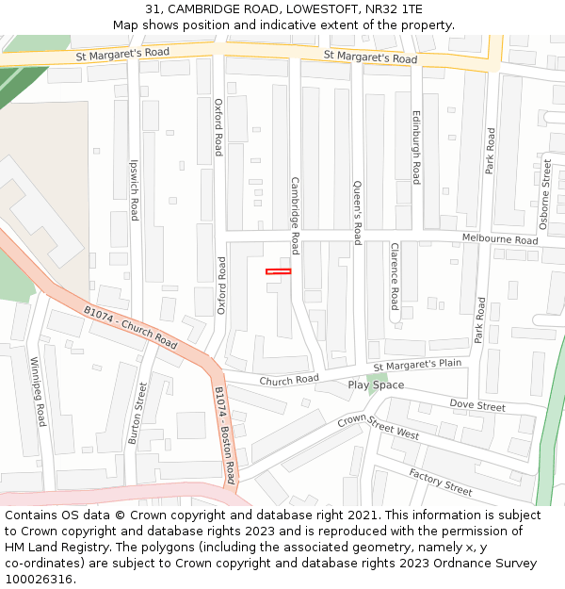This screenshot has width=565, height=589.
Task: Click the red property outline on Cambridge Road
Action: (278, 271)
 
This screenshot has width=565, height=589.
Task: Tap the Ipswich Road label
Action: (135, 189)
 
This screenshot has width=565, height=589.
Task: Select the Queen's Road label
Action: (358, 212)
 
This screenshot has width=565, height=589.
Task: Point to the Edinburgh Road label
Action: (416, 146)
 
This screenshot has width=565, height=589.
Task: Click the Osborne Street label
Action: (545, 194)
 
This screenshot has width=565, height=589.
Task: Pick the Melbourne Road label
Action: (499, 239)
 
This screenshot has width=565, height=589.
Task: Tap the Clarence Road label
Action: (395, 276)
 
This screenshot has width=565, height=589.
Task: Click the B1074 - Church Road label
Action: (130, 326)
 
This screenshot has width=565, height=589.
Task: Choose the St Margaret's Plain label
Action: (417, 366)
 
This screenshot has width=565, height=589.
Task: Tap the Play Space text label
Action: (376, 384)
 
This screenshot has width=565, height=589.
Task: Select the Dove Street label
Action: (477, 405)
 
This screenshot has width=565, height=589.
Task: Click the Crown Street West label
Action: (378, 427)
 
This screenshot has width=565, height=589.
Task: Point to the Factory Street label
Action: (440, 482)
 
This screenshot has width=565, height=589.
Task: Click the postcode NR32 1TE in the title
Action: (394, 9)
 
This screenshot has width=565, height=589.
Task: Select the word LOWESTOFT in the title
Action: (305, 9)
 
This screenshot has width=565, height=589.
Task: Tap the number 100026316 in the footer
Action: (39, 580)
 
